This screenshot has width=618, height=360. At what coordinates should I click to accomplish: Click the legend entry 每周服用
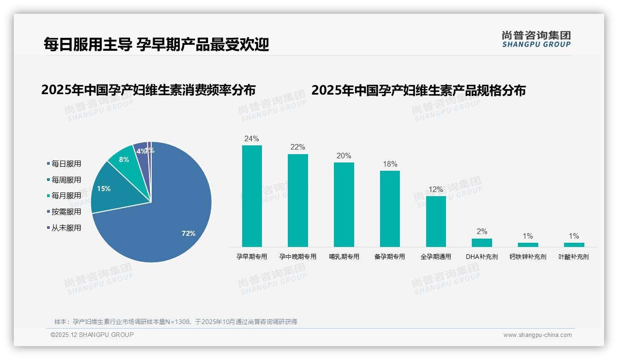pyautogui.click(x=66, y=180)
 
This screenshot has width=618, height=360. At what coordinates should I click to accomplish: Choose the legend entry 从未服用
pyautogui.click(x=66, y=228)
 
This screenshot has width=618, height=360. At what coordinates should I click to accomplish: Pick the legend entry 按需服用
pyautogui.click(x=66, y=212)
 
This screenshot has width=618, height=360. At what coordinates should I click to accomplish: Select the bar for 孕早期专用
pyautogui.click(x=252, y=196)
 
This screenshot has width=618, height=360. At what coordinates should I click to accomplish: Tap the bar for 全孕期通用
pyautogui.click(x=436, y=222)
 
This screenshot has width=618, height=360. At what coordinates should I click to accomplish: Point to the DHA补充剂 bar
pyautogui.click(x=482, y=242)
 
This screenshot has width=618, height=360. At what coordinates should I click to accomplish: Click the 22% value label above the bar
pyautogui.click(x=297, y=147)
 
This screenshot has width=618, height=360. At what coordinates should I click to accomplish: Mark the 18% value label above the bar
pyautogui.click(x=390, y=164)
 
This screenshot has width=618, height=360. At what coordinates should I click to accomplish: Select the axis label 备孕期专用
pyautogui.click(x=390, y=257)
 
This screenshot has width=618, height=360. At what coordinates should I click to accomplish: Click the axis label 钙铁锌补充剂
pyautogui.click(x=528, y=257)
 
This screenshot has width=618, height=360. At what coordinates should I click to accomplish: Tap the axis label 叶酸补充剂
pyautogui.click(x=574, y=257)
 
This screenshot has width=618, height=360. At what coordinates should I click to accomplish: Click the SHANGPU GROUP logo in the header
pyautogui.click(x=536, y=39)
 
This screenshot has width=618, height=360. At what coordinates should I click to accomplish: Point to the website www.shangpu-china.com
pyautogui.click(x=537, y=335)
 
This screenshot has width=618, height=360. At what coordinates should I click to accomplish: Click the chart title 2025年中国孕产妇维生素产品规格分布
pyautogui.click(x=418, y=90)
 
